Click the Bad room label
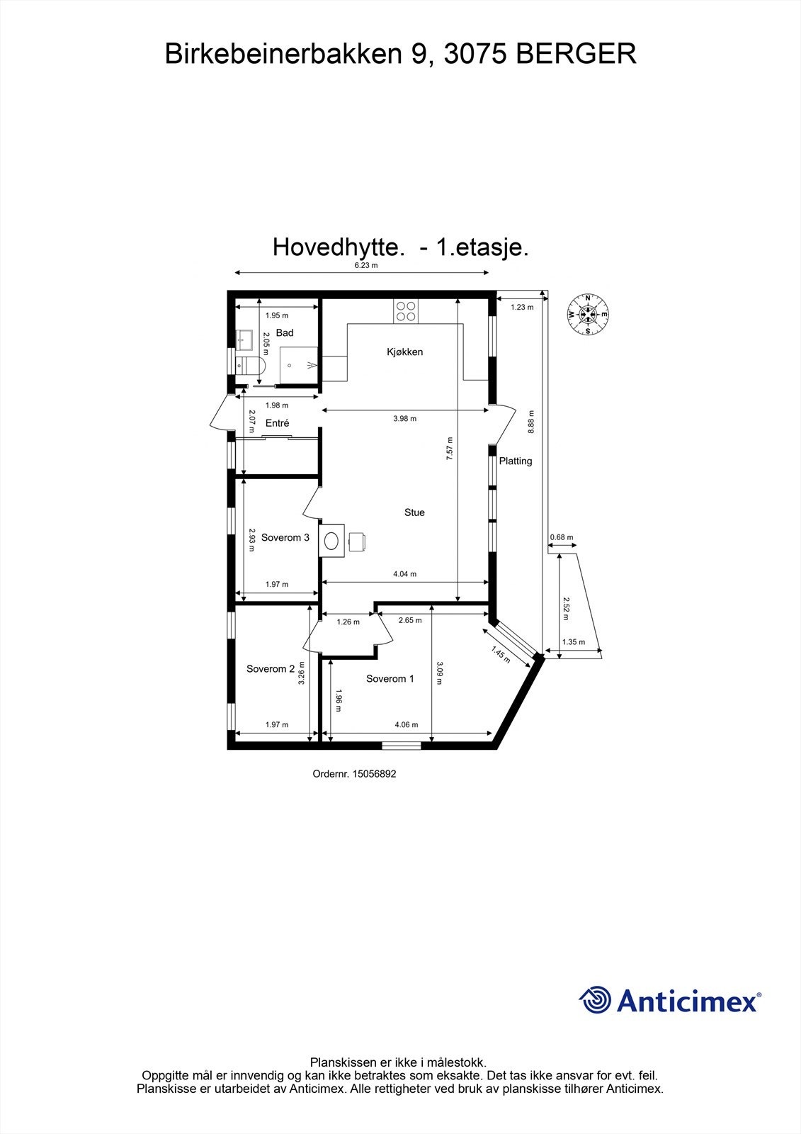(x=285, y=332)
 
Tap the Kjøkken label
(x=405, y=352)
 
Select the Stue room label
(x=414, y=512)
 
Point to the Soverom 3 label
(x=285, y=537)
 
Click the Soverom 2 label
(x=271, y=668)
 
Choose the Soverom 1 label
(x=390, y=678)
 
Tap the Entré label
(x=278, y=423)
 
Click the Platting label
(x=516, y=461)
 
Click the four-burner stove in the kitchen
(x=407, y=311)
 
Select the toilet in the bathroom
(x=251, y=366)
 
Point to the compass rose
(x=588, y=313)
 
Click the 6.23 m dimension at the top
(x=366, y=266)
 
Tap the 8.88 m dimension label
(x=531, y=422)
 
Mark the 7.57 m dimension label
(x=449, y=449)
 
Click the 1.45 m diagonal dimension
(x=501, y=653)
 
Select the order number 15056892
(x=354, y=774)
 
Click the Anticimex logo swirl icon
(x=595, y=1000)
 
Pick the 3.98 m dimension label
(x=405, y=418)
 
